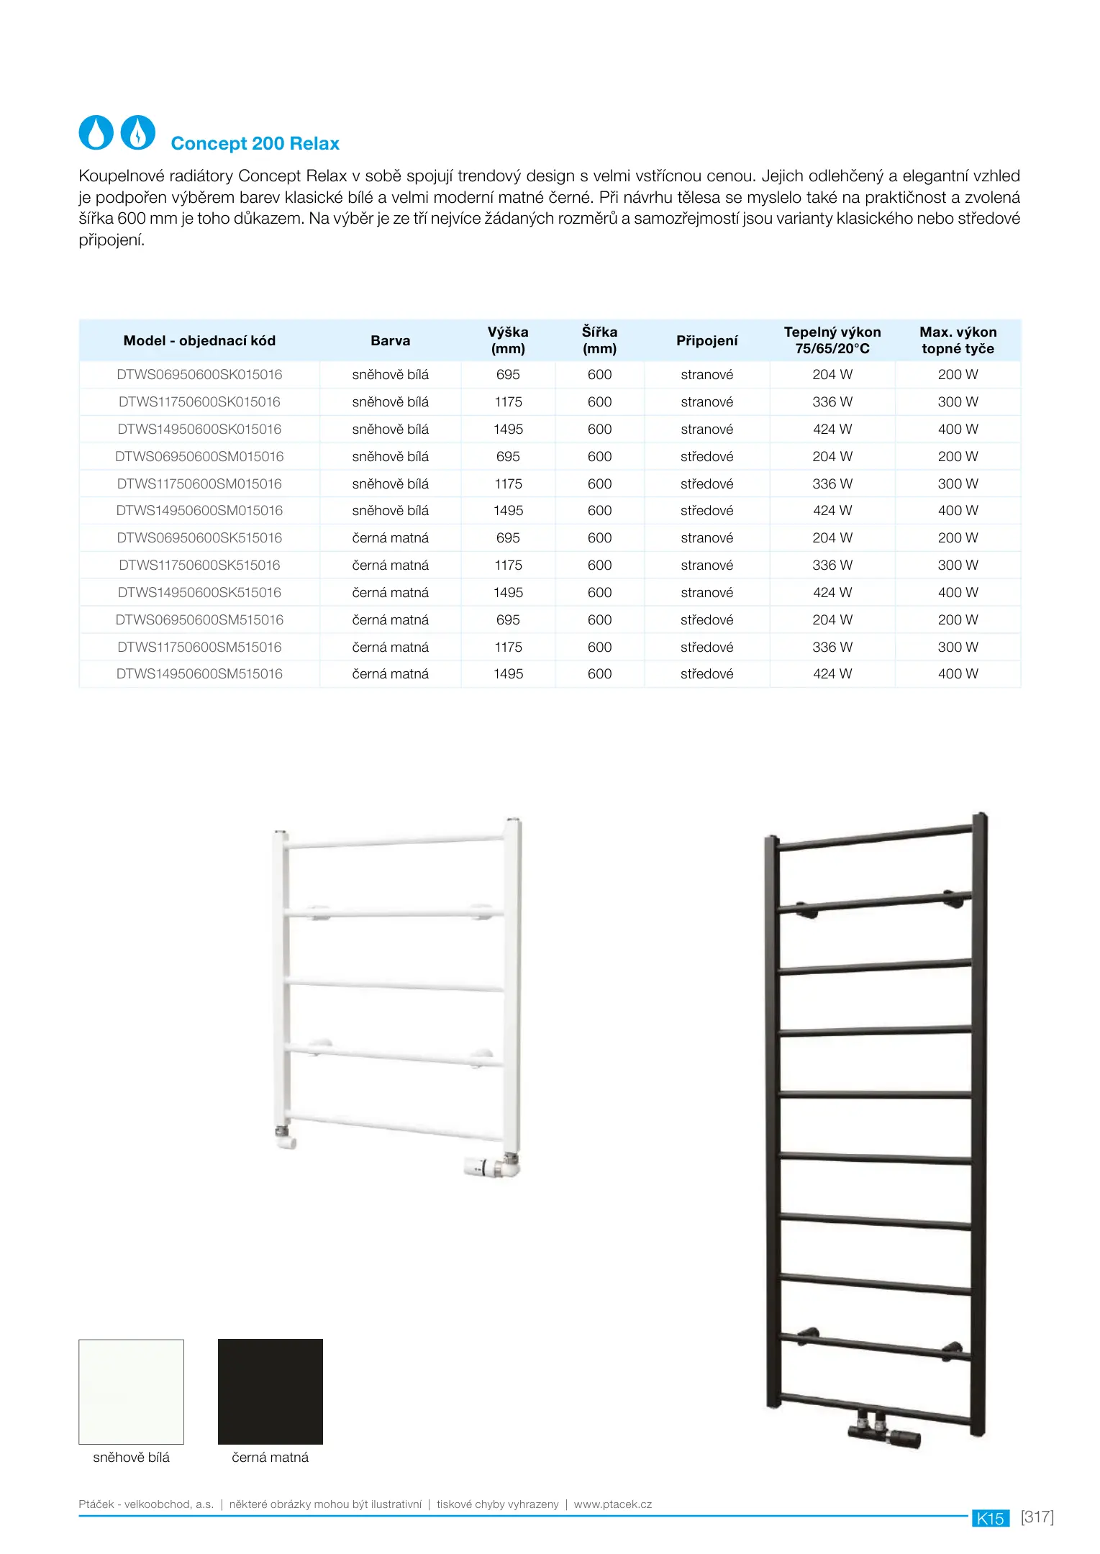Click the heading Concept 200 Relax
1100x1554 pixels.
[255, 143]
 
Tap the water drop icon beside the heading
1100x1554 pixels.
[96, 133]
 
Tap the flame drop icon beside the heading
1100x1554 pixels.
[137, 133]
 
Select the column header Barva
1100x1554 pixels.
[390, 340]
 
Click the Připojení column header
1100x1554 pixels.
[706, 340]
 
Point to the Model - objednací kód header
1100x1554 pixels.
[199, 340]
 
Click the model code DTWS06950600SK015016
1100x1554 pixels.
[199, 375]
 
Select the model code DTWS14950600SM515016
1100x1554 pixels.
[199, 674]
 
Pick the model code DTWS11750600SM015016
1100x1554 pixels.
[199, 484]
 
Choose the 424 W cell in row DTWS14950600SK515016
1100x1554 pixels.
[832, 593]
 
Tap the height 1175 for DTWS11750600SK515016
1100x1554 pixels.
[508, 565]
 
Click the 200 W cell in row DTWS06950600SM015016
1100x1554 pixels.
[958, 457]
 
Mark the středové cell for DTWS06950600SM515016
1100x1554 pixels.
[706, 620]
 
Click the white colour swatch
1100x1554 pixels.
[131, 1391]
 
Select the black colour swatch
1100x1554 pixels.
[271, 1391]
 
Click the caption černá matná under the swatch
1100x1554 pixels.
[270, 1457]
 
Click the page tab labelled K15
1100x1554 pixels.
[990, 1518]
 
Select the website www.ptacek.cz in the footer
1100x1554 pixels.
[612, 1504]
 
